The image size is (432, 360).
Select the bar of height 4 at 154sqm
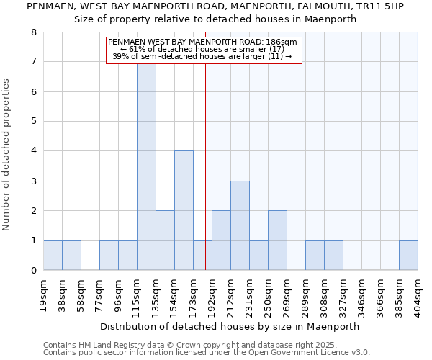(x=184, y=210)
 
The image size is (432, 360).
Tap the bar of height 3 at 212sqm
(x=240, y=225)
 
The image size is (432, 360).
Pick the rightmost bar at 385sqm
(x=408, y=256)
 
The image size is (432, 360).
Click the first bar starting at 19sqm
(x=53, y=256)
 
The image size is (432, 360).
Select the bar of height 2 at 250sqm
(x=277, y=240)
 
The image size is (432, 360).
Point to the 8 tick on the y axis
(x=33, y=32)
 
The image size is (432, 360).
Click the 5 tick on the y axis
(x=33, y=122)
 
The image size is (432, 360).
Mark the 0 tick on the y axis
(x=33, y=271)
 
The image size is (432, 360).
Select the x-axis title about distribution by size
(x=230, y=326)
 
